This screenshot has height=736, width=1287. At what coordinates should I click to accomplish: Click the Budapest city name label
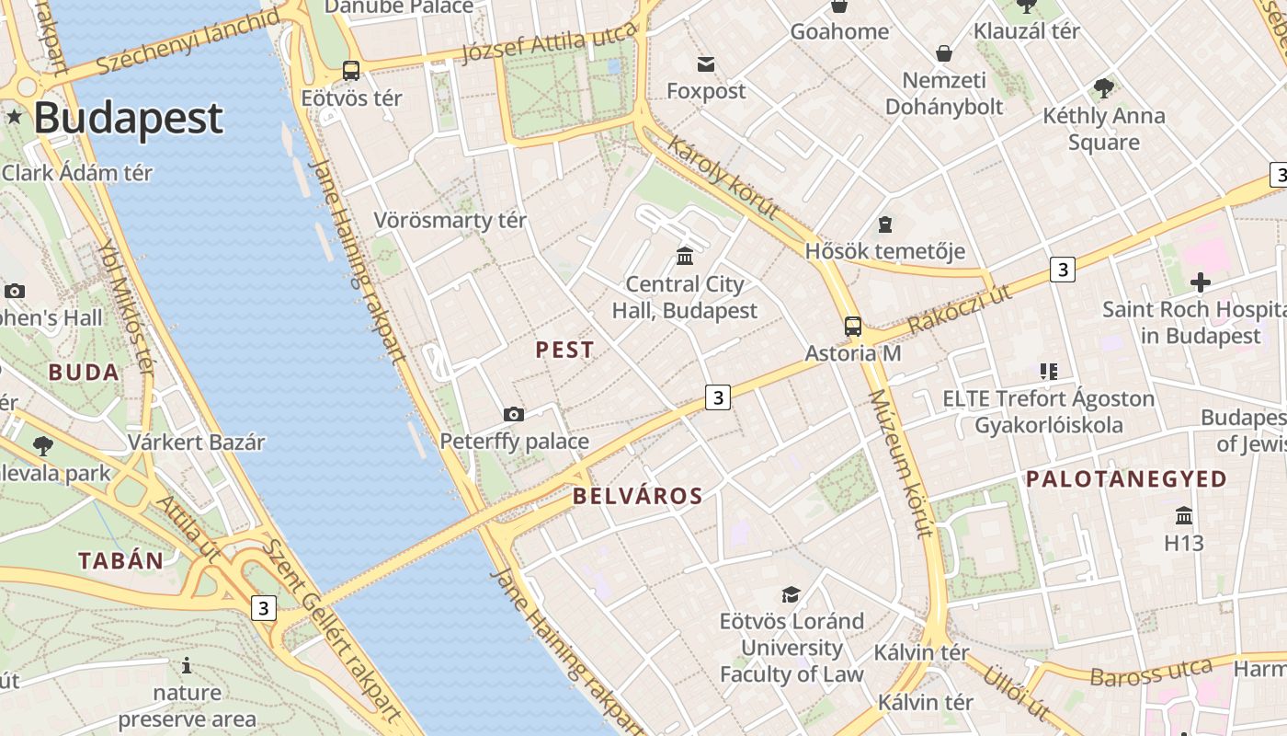[129, 118]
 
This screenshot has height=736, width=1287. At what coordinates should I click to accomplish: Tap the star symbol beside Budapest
[15, 116]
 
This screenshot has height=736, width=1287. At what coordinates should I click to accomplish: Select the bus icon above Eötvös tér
[350, 70]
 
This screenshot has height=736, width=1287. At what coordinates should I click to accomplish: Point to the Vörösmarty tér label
[450, 221]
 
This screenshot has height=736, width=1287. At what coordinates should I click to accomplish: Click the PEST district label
[564, 350]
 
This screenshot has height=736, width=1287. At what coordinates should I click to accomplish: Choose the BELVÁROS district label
[637, 497]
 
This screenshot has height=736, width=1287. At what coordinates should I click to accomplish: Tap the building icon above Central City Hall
[685, 256]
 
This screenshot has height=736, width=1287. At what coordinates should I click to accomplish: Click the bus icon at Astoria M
[853, 326]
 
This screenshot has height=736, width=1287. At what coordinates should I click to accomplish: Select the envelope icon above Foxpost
[706, 63]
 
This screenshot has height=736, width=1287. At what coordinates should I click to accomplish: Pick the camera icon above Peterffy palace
[514, 414]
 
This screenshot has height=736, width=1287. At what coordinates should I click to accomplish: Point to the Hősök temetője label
[885, 251]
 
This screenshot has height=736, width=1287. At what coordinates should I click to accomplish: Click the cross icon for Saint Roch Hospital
[1200, 282]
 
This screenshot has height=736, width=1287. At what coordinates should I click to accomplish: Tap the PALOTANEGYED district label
[1126, 479]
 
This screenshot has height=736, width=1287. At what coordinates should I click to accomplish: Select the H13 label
[1183, 543]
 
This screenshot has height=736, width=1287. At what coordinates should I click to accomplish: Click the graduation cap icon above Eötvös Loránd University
[791, 594]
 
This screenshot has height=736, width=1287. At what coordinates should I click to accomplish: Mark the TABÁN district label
[120, 560]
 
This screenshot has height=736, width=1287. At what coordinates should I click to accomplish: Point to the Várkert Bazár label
[196, 442]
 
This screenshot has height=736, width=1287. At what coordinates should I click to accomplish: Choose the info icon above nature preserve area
[187, 665]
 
